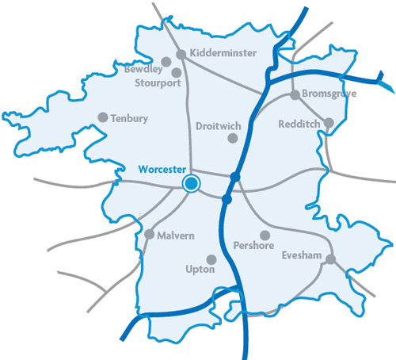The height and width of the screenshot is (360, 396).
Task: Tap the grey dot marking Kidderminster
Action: point(181,54)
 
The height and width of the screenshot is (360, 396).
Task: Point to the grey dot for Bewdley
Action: point(166,61)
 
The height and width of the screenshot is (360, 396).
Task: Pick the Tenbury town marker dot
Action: point(102,117)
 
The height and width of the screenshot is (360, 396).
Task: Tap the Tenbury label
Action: point(131,118)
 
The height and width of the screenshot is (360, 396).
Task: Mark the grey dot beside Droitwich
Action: point(233,138)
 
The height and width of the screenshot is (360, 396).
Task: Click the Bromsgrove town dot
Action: point(295,95)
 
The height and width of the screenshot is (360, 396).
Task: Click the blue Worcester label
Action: point(161,169)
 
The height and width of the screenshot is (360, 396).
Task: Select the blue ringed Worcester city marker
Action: point(191,185)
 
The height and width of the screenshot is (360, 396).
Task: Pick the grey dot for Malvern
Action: point(150,234)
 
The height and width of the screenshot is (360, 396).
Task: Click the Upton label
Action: point(200,270)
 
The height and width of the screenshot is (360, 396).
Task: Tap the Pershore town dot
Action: point(265,236)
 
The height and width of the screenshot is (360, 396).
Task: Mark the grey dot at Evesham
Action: point(330,259)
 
